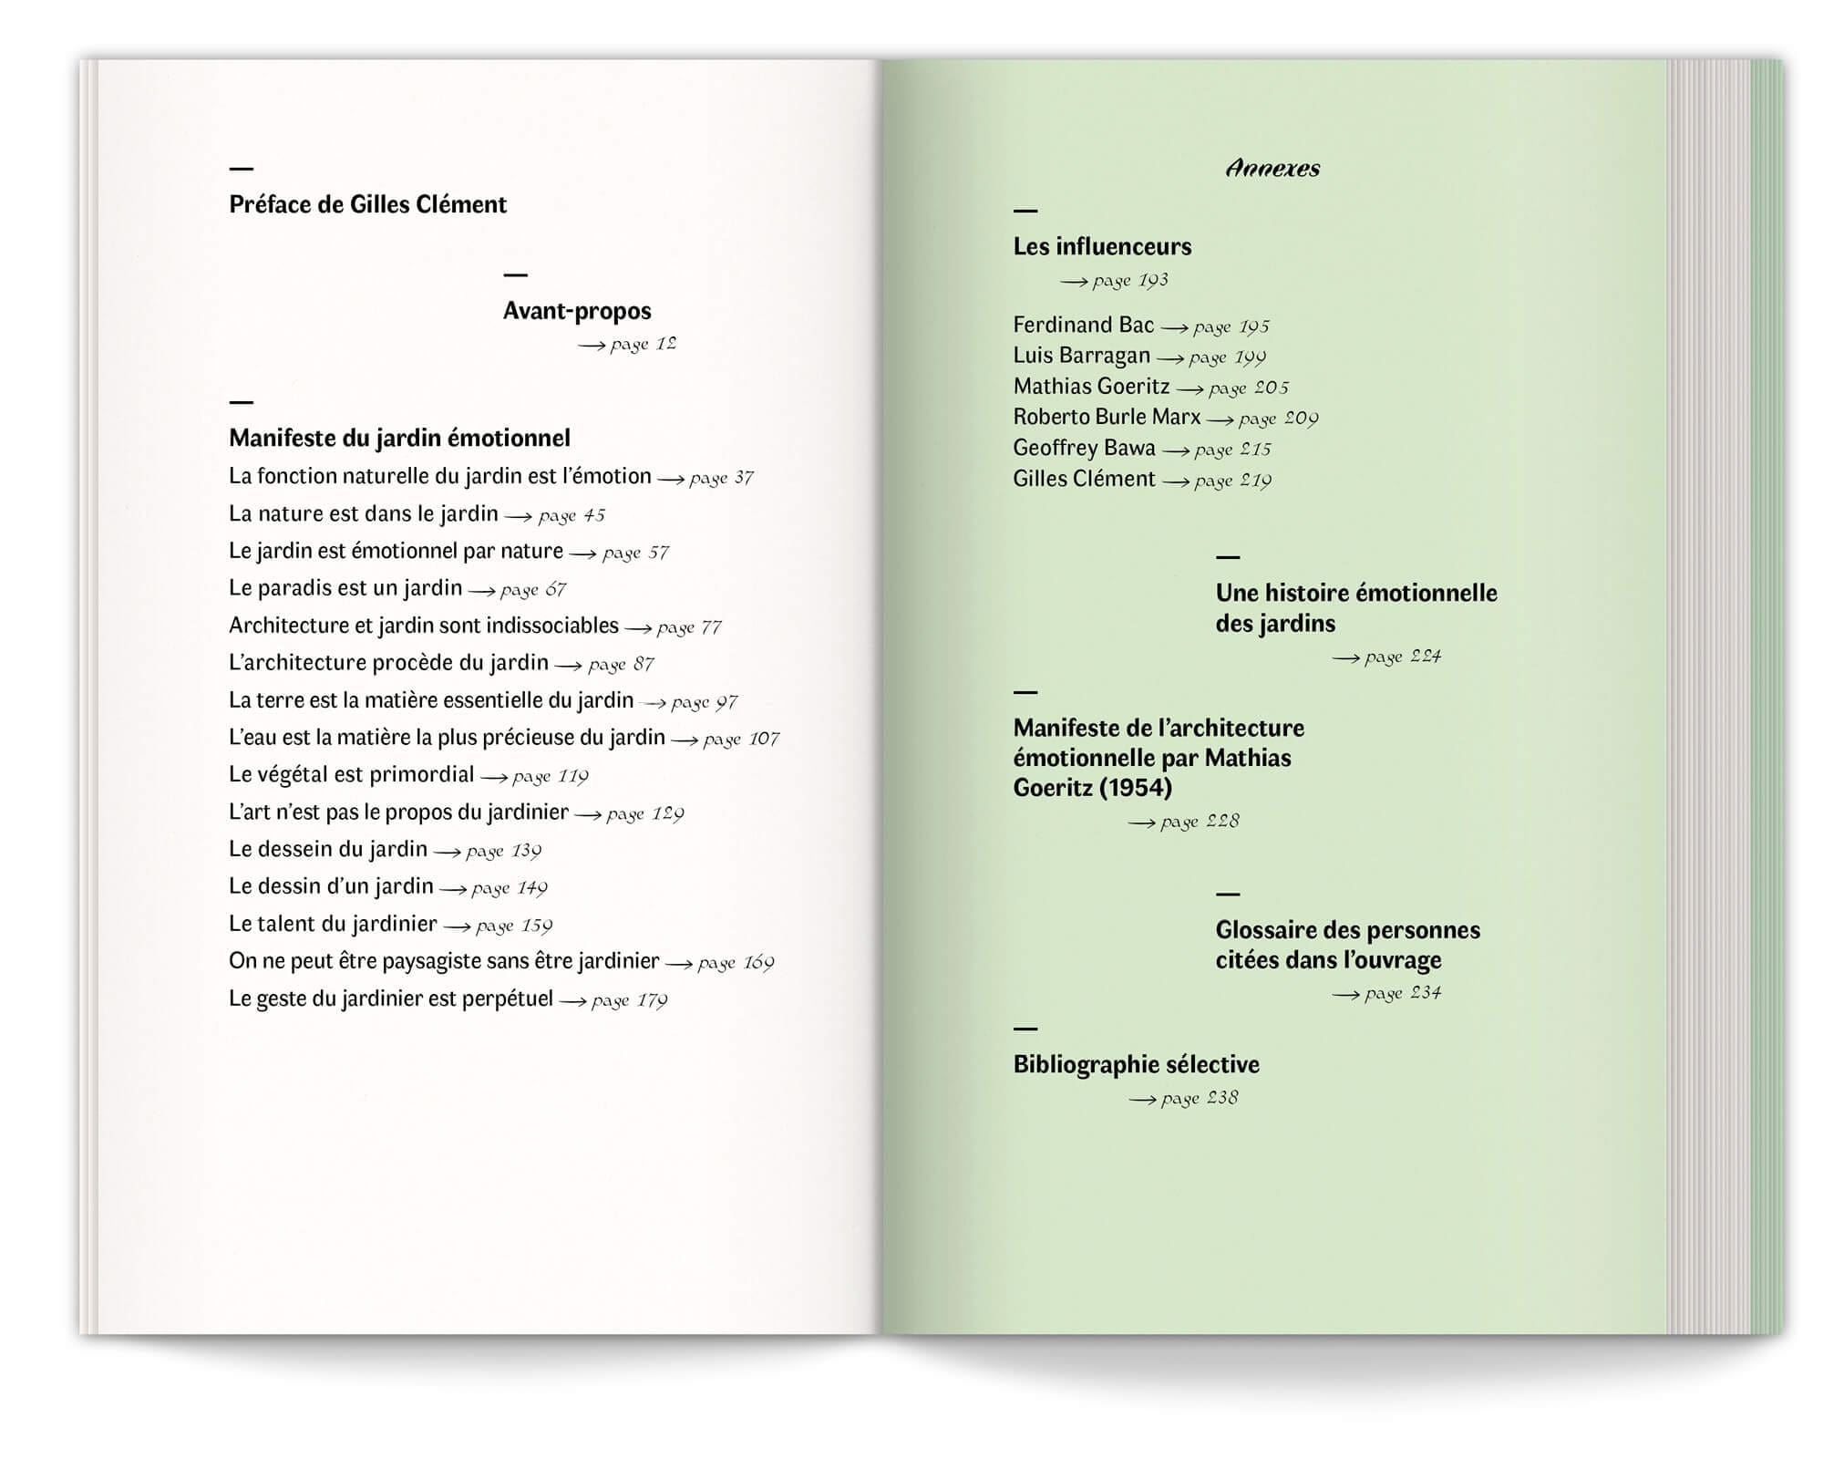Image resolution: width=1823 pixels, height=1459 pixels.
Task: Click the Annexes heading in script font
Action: [1272, 169]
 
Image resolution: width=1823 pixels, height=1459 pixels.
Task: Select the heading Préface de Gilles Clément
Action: [367, 204]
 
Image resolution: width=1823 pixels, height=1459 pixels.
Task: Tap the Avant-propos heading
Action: [577, 311]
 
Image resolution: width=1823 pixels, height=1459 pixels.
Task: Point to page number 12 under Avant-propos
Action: [665, 344]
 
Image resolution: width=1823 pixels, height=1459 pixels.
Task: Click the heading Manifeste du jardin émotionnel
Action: [399, 438]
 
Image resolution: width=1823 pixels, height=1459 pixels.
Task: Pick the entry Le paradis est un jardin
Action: [345, 588]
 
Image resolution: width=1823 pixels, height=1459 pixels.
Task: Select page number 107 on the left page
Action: [763, 739]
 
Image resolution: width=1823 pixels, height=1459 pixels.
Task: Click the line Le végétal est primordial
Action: [351, 775]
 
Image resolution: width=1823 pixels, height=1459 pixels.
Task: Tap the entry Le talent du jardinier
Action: [333, 924]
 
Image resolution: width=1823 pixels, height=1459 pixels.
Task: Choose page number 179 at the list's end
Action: [652, 1000]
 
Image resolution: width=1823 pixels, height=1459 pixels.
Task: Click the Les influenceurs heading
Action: [1102, 246]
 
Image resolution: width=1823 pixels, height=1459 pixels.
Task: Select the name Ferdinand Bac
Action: [1083, 326]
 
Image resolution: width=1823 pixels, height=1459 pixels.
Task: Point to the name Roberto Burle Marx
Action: [1107, 418]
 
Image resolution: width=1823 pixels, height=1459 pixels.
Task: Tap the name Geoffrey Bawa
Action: [1084, 448]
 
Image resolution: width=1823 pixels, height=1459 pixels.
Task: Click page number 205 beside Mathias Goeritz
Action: [1271, 388]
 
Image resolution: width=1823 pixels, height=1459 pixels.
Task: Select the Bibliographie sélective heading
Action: [1136, 1064]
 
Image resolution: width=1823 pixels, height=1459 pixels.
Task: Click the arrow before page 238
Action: [1142, 1100]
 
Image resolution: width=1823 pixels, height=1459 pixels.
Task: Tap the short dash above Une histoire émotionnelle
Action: [1228, 557]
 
